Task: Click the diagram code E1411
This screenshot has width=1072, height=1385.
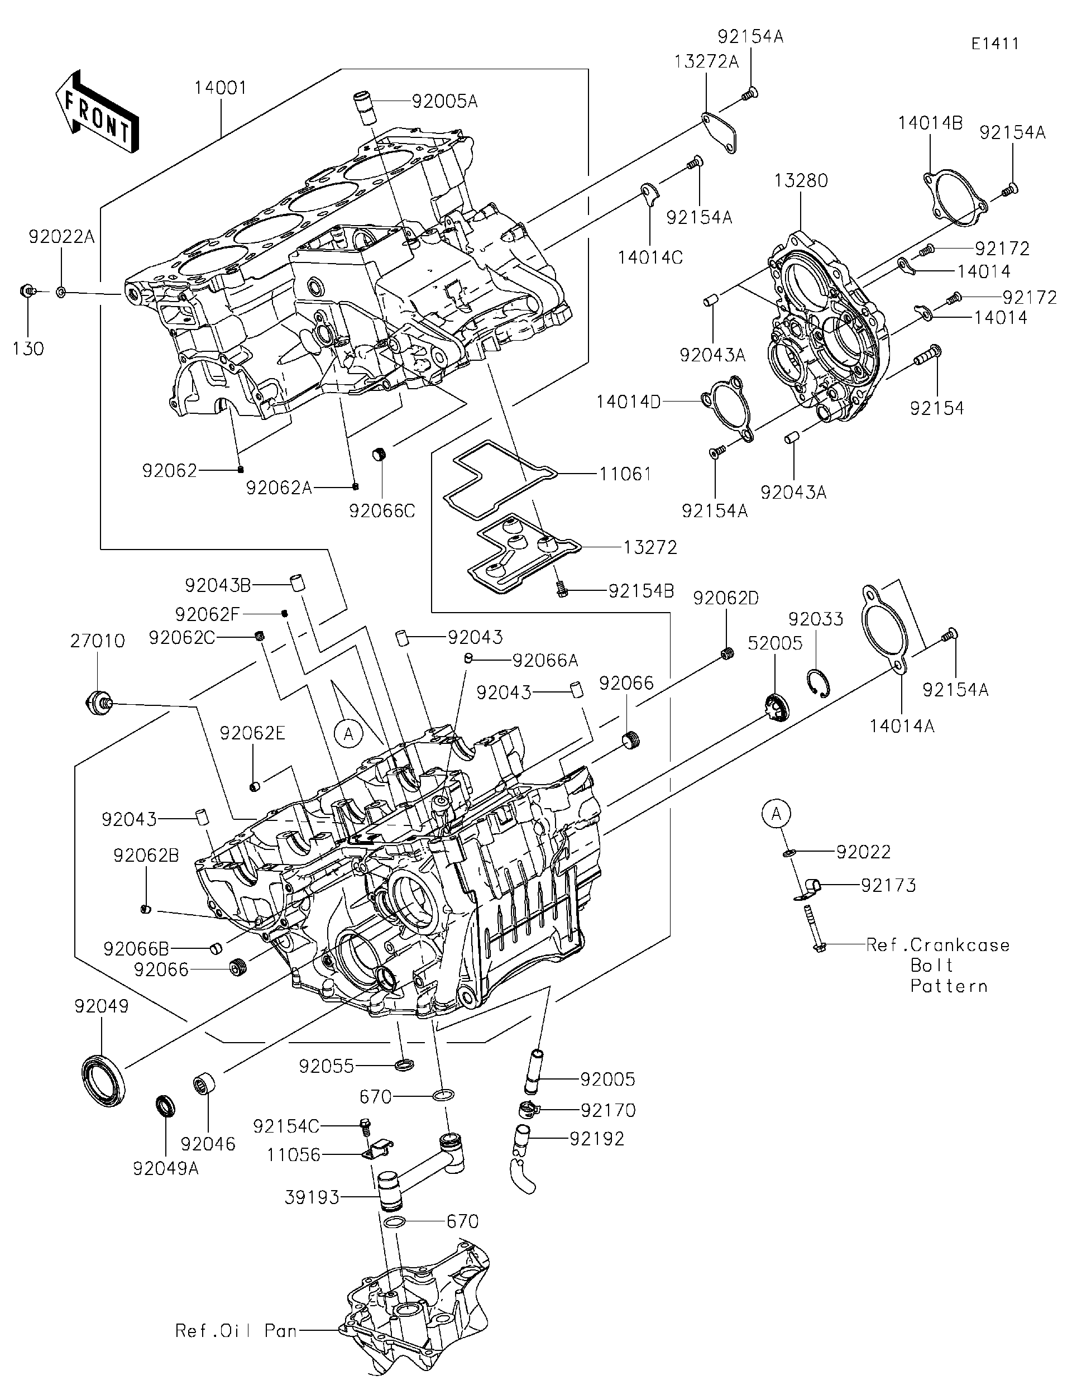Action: click(x=994, y=44)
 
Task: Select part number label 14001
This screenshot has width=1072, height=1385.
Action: click(x=220, y=88)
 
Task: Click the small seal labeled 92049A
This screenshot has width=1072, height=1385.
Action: click(x=166, y=1106)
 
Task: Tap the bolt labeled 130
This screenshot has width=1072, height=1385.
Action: click(x=27, y=291)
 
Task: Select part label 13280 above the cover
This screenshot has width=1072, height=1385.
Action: click(x=800, y=181)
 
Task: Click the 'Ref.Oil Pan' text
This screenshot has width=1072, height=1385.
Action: click(x=236, y=1330)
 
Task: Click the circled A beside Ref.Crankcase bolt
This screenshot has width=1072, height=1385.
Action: click(x=777, y=813)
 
